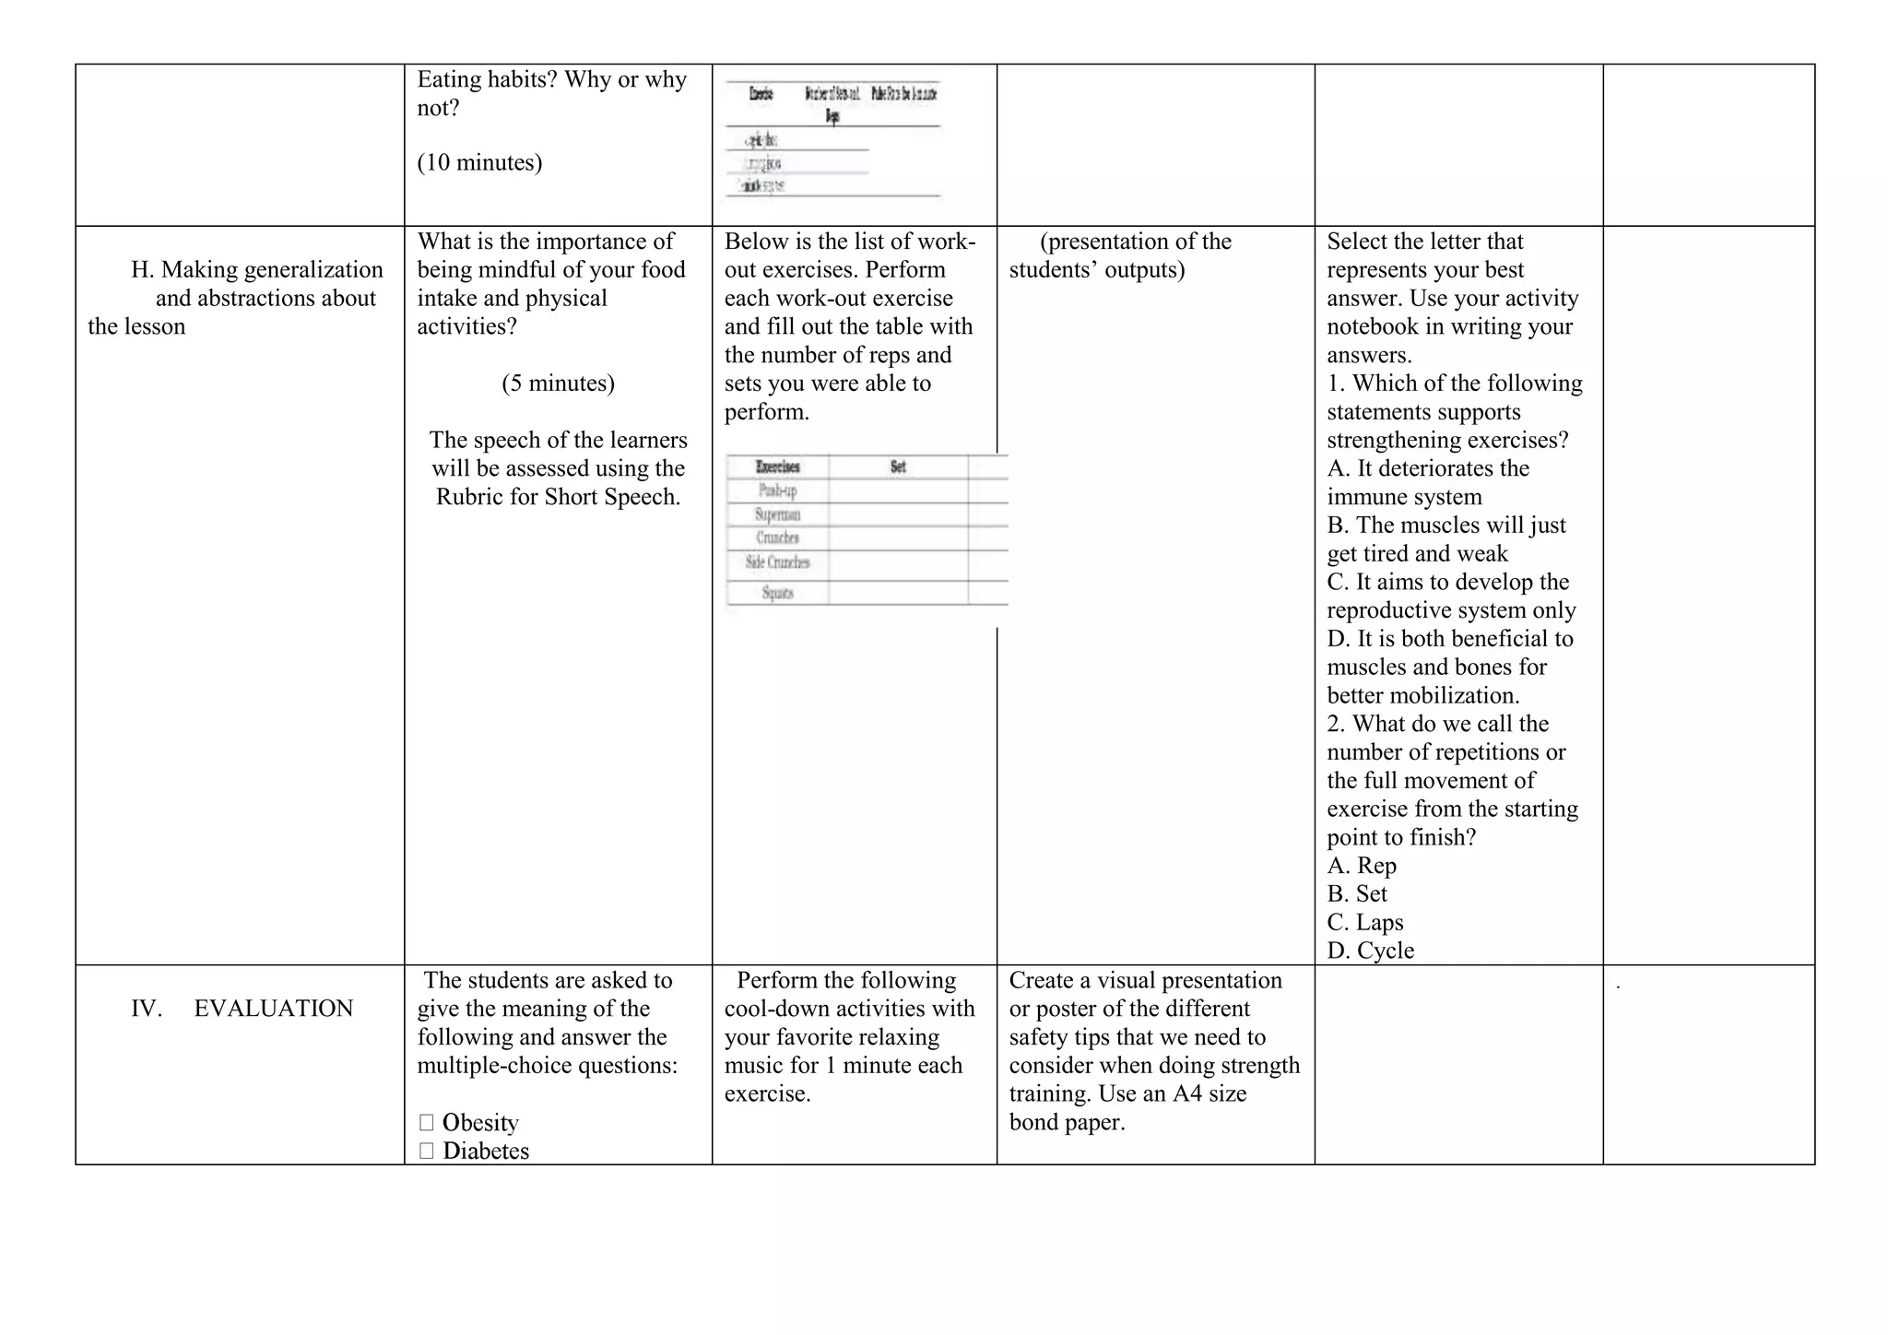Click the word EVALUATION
pos(273,1009)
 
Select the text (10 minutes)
pos(479,162)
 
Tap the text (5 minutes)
pos(558,384)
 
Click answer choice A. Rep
pos(1362,866)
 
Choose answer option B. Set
pos(1357,894)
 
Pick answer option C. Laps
pos(1365,923)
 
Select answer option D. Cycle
pos(1370,951)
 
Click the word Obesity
pos(480,1123)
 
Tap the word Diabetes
pos(486,1152)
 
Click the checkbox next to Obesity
pos(426,1123)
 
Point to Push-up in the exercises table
pos(777,490)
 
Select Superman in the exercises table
pos(777,514)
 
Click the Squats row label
pos(777,593)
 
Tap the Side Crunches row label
pos(777,562)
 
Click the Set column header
pos(898,467)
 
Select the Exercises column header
pos(777,467)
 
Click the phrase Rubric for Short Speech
pos(558,497)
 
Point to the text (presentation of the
pos(1135,242)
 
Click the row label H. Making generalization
pos(256,270)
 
